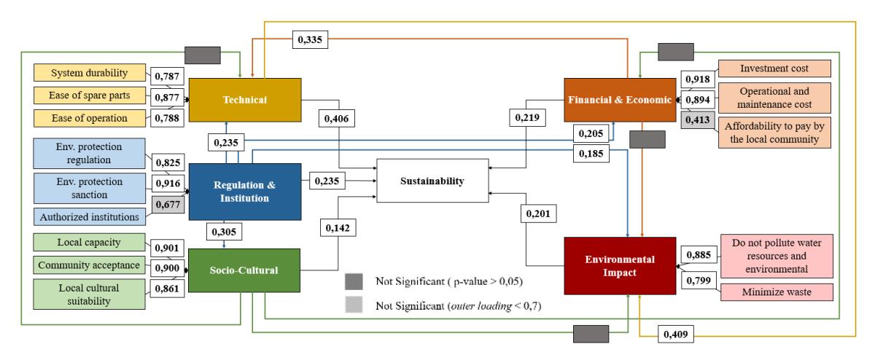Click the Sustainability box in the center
(432, 181)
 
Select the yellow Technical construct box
(245, 100)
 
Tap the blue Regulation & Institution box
(245, 192)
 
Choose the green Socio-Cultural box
(244, 270)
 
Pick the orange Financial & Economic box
(620, 100)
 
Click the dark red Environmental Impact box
(620, 266)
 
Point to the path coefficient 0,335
(310, 39)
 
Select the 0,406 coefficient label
(337, 118)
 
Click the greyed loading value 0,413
(698, 120)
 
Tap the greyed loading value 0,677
(168, 204)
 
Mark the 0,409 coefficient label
(676, 334)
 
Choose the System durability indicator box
(90, 73)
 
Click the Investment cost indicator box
(774, 69)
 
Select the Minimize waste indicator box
(777, 292)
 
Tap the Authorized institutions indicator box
(90, 216)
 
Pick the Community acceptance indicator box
(89, 265)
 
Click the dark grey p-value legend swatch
(354, 281)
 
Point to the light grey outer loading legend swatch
(354, 305)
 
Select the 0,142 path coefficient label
(338, 227)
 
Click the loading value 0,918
(698, 79)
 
